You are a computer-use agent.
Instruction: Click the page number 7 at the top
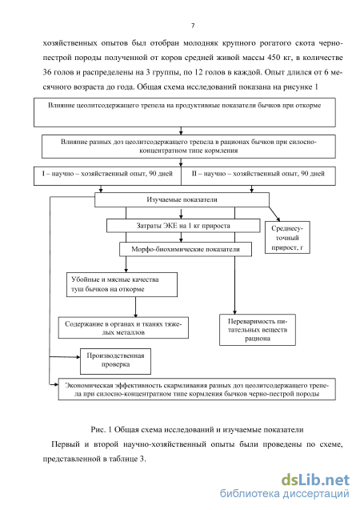[x=193, y=26]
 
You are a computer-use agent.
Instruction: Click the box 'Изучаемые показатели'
[x=182, y=199]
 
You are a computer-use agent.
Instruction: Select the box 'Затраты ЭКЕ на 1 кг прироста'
[x=183, y=226]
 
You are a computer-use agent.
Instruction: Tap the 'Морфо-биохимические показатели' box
[x=186, y=250]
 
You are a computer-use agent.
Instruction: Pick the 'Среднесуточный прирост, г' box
[x=287, y=238]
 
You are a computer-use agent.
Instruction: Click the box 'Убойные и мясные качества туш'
[x=122, y=284]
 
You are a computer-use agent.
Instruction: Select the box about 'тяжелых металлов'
[x=123, y=328]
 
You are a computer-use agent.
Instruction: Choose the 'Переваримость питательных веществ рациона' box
[x=258, y=330]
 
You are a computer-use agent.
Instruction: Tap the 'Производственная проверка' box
[x=115, y=361]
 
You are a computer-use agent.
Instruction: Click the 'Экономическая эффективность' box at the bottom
[x=197, y=389]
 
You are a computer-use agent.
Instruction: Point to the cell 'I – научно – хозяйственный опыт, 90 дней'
[x=107, y=176]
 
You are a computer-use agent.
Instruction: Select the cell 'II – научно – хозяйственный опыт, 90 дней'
[x=258, y=176]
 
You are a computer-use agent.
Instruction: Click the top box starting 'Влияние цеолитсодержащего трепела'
[x=185, y=112]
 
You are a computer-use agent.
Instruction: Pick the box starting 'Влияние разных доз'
[x=189, y=147]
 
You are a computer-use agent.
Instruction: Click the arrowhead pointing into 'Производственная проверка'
[x=78, y=357]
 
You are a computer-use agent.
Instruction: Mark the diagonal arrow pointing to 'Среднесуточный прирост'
[x=274, y=214]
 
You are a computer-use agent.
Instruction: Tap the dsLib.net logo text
[x=315, y=480]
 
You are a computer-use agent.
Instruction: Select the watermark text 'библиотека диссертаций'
[x=285, y=493]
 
